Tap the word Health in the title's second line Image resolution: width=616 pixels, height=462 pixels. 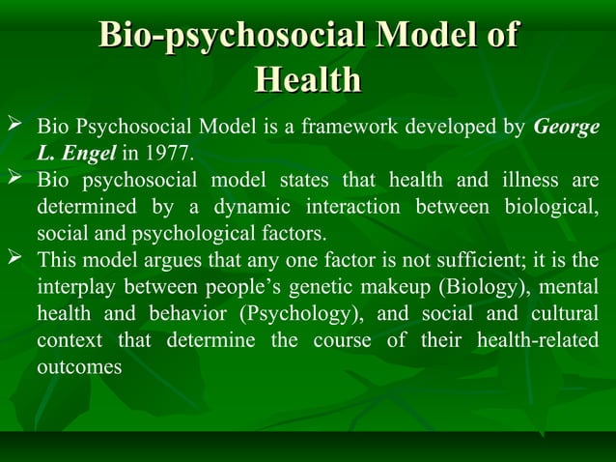[x=308, y=80]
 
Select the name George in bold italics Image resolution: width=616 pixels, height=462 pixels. [x=566, y=128]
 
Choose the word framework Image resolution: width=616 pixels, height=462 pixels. [x=346, y=128]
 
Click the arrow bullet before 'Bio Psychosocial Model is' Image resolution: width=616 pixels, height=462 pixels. [x=14, y=127]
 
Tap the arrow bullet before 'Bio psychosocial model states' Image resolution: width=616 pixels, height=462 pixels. [x=14, y=179]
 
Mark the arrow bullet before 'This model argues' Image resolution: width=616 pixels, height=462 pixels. [x=14, y=259]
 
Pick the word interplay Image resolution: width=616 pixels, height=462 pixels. [x=74, y=288]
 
